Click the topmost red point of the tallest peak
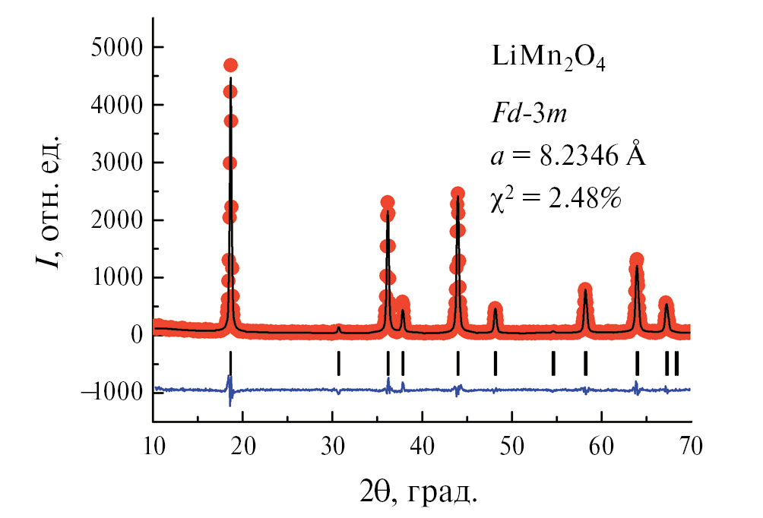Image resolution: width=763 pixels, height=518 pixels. point(230,65)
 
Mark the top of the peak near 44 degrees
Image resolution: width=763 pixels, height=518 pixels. point(457,194)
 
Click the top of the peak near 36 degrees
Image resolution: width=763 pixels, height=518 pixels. point(387,203)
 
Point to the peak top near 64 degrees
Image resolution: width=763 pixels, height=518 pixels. point(637,260)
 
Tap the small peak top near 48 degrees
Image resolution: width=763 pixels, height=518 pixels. point(495,309)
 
